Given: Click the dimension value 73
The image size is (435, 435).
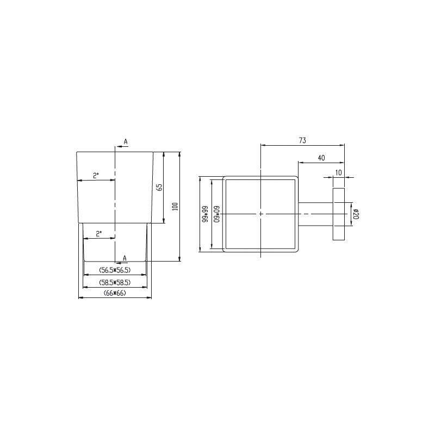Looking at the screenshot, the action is pyautogui.click(x=302, y=140).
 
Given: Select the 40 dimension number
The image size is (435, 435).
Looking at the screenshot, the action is pyautogui.click(x=321, y=158).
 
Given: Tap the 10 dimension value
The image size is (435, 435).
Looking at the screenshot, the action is pyautogui.click(x=338, y=172).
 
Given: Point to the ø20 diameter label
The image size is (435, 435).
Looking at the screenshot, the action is pyautogui.click(x=357, y=214).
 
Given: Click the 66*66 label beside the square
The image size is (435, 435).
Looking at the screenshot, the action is pyautogui.click(x=205, y=214).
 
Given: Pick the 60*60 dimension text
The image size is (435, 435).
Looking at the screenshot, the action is pyautogui.click(x=216, y=214).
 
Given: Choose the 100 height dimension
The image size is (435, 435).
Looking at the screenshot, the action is pyautogui.click(x=175, y=207).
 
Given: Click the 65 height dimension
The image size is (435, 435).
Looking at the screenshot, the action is pyautogui.click(x=159, y=187).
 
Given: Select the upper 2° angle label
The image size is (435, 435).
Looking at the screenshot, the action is pyautogui.click(x=96, y=175).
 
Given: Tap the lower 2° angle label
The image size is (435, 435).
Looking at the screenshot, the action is pyautogui.click(x=99, y=234).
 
